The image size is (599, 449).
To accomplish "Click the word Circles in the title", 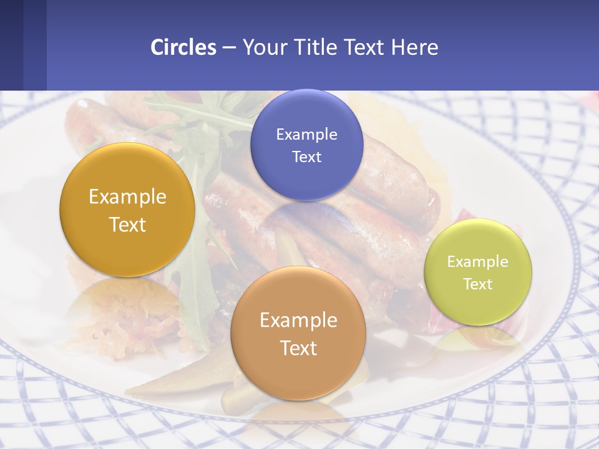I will click(x=183, y=47).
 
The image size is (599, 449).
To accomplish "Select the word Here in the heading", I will click(x=415, y=47).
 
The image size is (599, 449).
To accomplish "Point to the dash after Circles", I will click(x=229, y=48).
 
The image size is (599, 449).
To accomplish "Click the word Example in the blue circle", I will click(x=306, y=134).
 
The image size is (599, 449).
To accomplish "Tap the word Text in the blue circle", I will click(x=306, y=157).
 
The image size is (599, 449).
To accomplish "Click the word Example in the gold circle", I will click(x=127, y=196).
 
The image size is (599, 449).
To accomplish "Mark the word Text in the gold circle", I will click(x=127, y=224).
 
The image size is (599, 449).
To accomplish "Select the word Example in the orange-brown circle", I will click(x=298, y=320).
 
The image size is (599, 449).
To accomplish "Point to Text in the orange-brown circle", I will click(x=298, y=348).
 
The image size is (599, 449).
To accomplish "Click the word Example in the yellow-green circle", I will click(x=478, y=262).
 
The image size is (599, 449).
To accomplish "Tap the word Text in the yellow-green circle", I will click(x=478, y=284).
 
